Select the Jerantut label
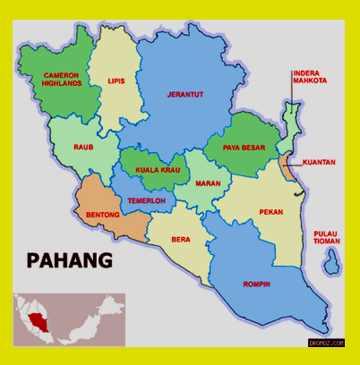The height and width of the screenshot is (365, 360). (x=185, y=93)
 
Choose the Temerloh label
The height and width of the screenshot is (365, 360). (x=145, y=201)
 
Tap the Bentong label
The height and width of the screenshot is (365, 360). (x=102, y=215)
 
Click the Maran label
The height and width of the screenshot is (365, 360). (x=209, y=185)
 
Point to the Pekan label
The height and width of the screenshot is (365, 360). (x=271, y=212)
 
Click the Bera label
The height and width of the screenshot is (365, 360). (x=181, y=241)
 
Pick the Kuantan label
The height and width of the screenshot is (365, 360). (x=319, y=162)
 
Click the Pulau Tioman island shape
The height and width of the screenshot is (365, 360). (x=332, y=261)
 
